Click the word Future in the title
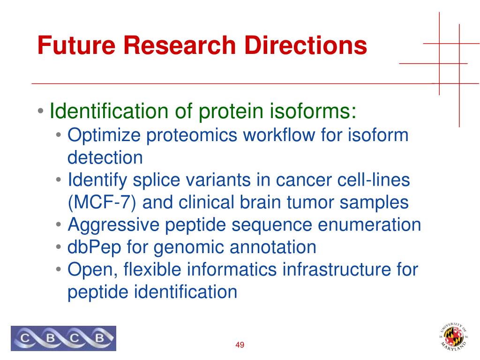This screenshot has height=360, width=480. (76, 45)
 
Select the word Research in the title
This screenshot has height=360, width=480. (180, 45)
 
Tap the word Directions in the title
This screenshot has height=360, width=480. (306, 45)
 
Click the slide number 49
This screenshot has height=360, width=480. (240, 345)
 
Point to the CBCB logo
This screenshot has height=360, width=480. (63, 338)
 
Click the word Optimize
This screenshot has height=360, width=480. (104, 135)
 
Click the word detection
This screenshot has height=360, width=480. (105, 157)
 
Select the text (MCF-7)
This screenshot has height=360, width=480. (102, 202)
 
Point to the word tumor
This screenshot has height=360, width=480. (311, 202)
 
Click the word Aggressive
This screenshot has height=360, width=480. (113, 225)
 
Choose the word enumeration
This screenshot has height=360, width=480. (369, 225)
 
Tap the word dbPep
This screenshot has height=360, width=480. (94, 247)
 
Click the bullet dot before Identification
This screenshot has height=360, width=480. (41, 111)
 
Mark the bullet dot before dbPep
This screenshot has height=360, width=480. (59, 247)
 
